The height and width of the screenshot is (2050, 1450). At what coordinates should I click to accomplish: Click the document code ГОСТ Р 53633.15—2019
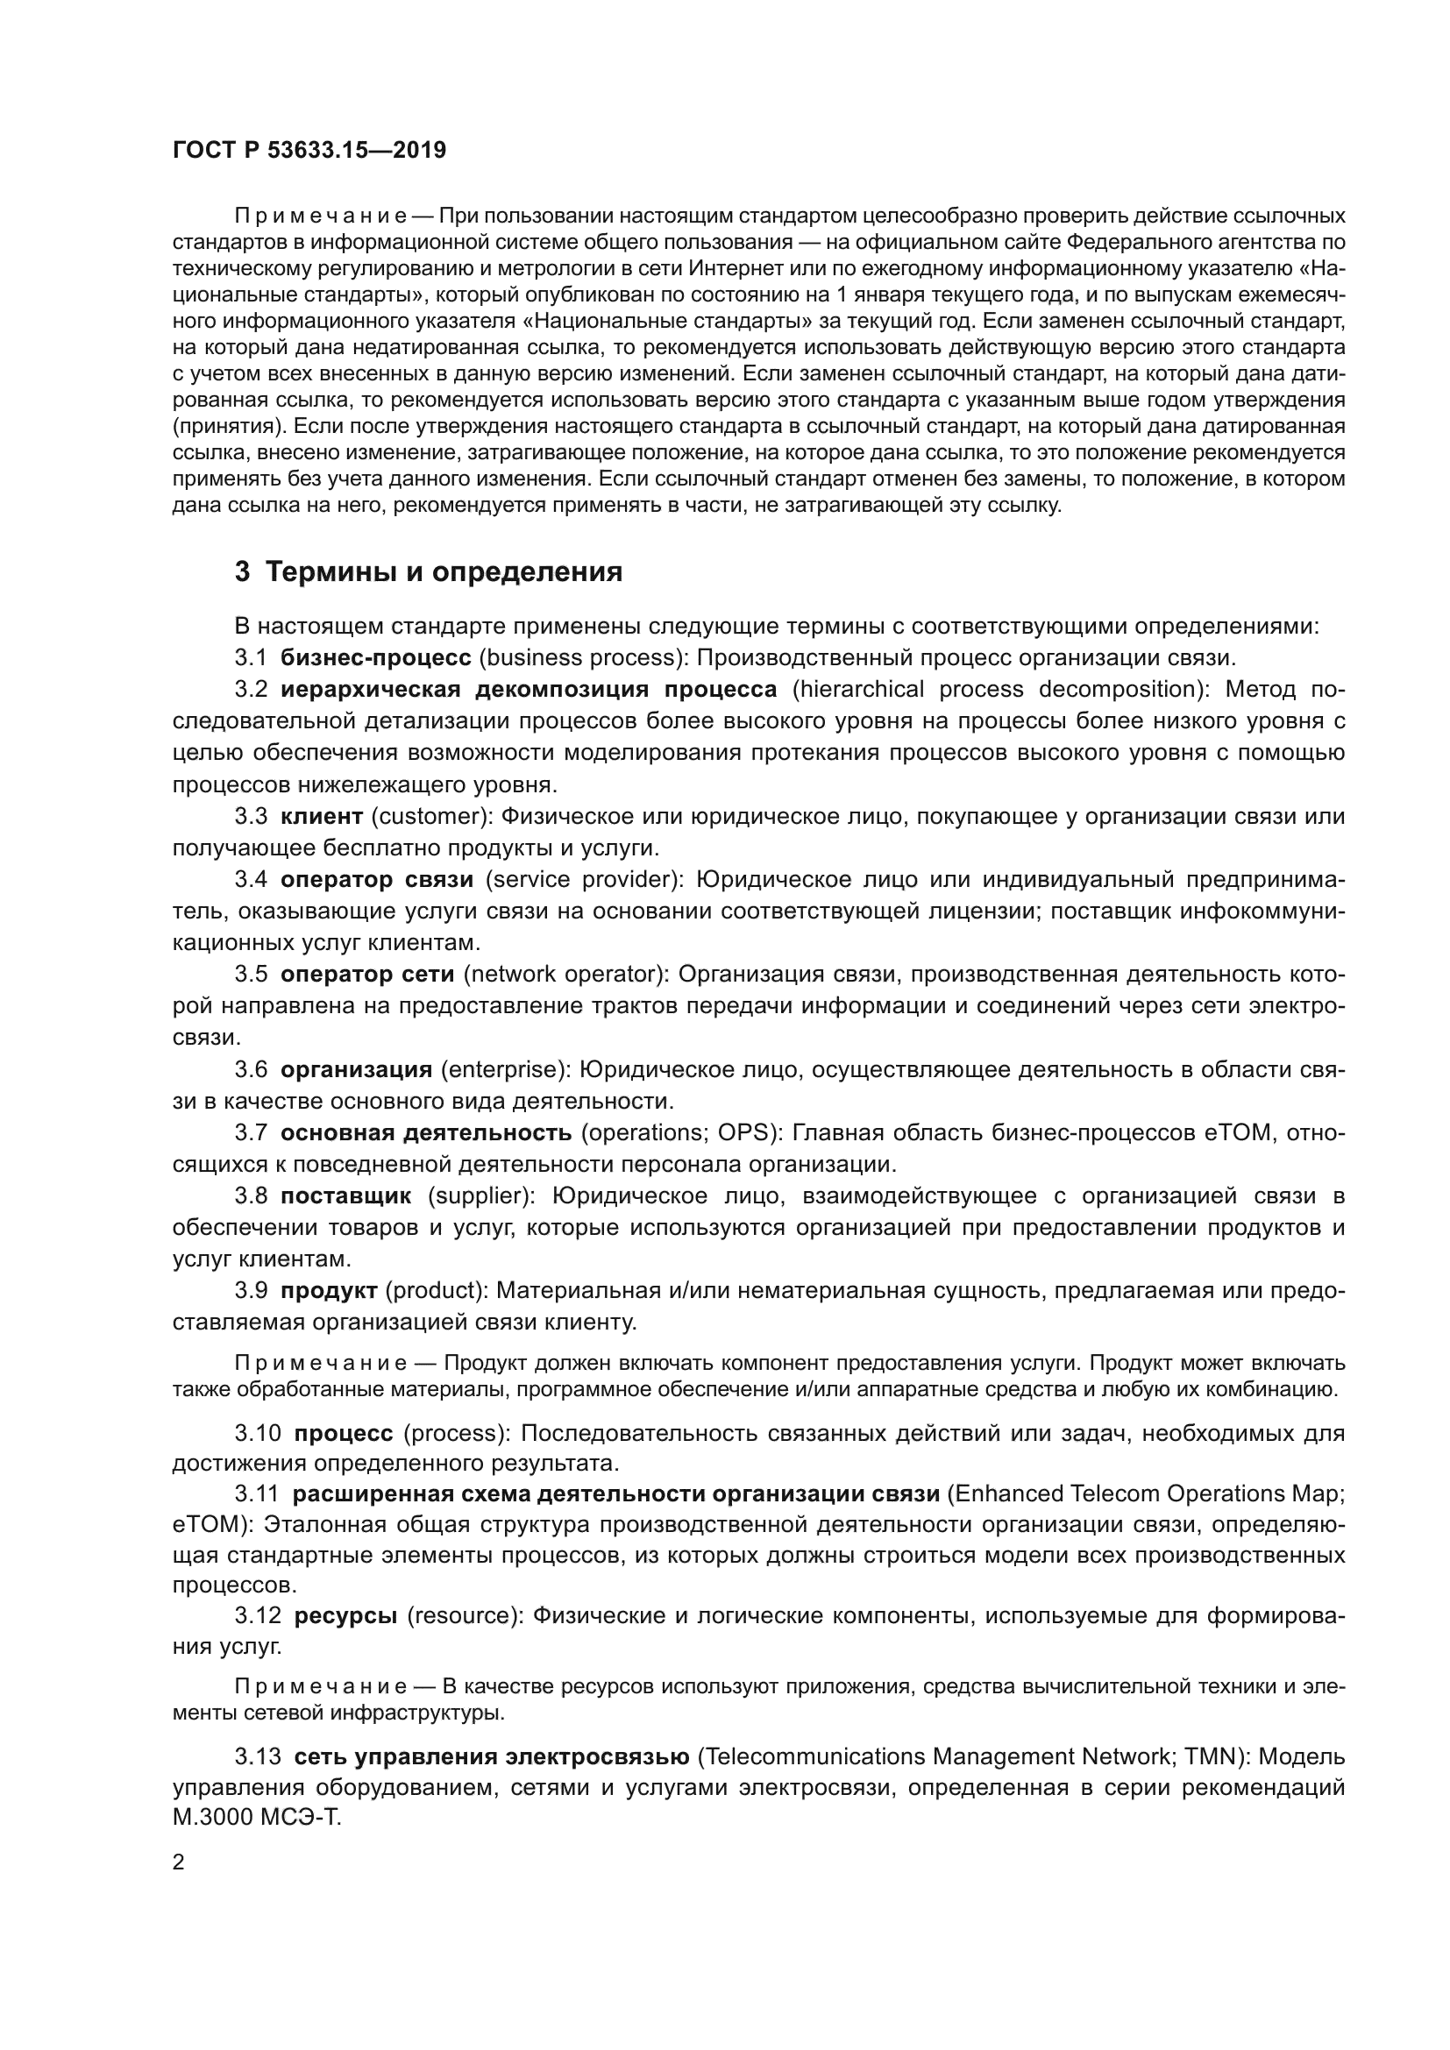(x=309, y=151)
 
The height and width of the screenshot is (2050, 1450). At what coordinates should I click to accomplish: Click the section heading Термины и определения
(x=444, y=571)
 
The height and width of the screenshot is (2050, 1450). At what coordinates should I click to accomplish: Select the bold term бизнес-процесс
(x=376, y=658)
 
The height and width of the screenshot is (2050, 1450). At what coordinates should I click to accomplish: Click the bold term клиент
(x=322, y=816)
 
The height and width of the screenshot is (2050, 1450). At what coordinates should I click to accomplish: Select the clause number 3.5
(x=251, y=974)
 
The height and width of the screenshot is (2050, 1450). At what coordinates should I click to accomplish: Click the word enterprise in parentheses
(x=501, y=1069)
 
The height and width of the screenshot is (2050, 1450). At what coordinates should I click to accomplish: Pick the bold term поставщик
(x=346, y=1195)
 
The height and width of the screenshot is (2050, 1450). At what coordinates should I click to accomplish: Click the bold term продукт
(x=329, y=1290)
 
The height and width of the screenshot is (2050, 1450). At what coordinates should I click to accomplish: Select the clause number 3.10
(x=258, y=1433)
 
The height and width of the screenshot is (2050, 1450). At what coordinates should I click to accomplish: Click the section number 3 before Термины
(x=242, y=571)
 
